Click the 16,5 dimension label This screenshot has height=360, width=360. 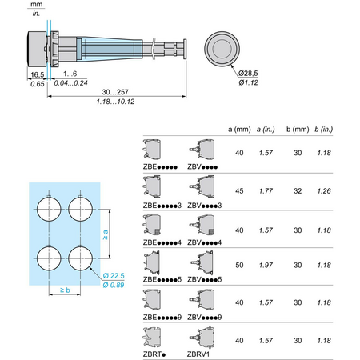click(38, 74)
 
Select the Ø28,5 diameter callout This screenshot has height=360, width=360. click(248, 73)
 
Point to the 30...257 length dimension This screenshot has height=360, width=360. click(115, 92)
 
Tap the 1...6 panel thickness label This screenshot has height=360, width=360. click(70, 74)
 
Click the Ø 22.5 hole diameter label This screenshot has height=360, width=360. click(114, 276)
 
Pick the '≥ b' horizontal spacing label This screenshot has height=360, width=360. click(65, 290)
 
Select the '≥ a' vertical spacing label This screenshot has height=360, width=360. click(106, 234)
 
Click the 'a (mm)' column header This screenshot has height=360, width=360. click(239, 130)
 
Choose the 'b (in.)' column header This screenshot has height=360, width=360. click(323, 130)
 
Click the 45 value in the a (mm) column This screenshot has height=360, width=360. click(239, 191)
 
